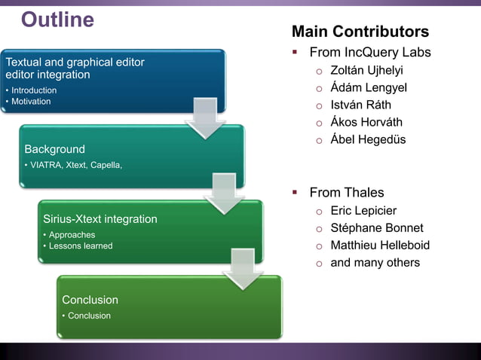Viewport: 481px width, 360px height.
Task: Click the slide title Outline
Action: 57,20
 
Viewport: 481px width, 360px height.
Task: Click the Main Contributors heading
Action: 360,32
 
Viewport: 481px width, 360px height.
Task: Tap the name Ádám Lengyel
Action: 369,87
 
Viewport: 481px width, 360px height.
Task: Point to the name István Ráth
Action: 361,105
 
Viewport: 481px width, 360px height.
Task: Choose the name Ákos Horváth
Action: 366,122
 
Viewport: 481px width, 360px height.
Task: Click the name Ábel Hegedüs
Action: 368,139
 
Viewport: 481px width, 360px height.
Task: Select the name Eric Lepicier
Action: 363,210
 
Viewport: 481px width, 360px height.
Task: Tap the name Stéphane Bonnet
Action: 377,227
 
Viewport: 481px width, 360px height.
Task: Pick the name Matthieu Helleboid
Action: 380,245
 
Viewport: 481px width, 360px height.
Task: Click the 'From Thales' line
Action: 346,192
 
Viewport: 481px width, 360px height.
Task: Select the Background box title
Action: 54,149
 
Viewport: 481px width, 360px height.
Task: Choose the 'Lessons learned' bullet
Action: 80,246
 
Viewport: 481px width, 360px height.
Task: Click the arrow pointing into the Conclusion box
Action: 242,272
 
